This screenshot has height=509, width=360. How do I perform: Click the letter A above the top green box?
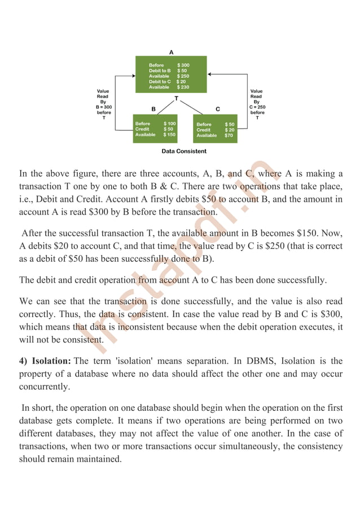pos(172,52)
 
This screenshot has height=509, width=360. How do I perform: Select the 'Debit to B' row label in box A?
pos(160,71)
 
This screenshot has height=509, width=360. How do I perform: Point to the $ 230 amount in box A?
pos(183,87)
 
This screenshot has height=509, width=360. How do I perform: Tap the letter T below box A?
pos(176,98)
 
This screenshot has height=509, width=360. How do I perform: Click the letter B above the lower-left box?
pos(153,108)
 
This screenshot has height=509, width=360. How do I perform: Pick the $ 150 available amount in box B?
pos(169,135)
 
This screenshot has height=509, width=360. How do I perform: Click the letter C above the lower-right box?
pos(218,108)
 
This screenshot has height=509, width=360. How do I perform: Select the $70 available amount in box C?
pos(229,135)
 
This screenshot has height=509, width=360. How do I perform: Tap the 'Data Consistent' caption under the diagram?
pos(184,151)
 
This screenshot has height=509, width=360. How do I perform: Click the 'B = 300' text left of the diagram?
pos(103,107)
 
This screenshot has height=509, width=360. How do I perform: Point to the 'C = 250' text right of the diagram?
pos(257,107)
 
